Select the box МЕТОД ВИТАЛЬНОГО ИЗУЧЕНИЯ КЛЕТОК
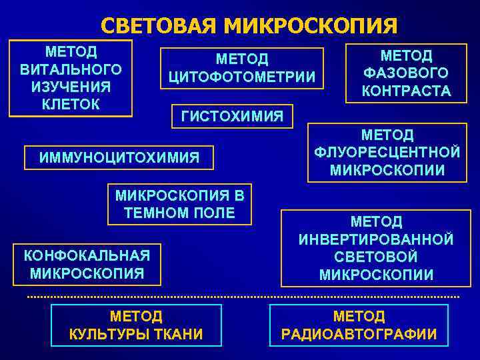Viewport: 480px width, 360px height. (71, 77)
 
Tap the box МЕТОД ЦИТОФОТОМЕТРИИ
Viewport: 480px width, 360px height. (242, 69)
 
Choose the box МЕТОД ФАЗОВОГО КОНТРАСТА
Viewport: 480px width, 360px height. (406, 73)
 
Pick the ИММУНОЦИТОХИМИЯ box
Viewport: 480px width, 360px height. (119, 157)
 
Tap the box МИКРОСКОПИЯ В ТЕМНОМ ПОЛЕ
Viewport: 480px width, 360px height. (180, 204)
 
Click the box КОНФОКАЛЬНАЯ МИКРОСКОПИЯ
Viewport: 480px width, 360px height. (87, 263)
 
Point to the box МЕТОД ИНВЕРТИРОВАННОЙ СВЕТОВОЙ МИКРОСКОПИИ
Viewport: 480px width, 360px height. (376, 248)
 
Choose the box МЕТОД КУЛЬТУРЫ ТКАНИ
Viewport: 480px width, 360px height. (136, 325)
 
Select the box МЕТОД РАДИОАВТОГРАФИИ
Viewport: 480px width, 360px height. (359, 325)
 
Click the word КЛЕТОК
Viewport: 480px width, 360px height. (71, 104)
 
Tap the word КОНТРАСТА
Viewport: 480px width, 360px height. (406, 91)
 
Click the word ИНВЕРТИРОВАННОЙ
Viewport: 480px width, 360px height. (376, 239)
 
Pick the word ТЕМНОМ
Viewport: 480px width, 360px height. (151, 213)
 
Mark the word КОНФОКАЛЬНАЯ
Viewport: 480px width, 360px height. (87, 255)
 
